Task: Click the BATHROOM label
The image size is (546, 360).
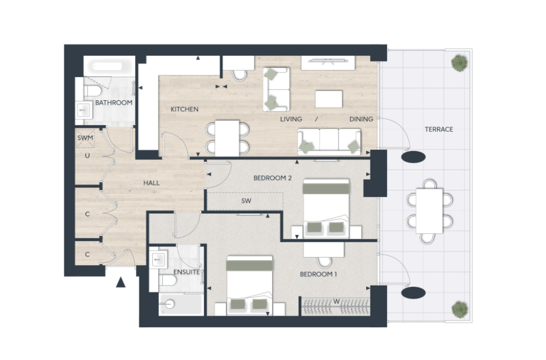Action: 113,103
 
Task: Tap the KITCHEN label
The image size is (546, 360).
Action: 185,109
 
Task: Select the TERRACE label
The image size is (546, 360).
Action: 439,130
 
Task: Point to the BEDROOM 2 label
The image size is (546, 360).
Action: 272,178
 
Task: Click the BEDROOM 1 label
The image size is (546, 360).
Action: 318,274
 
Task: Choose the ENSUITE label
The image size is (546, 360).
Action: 187,272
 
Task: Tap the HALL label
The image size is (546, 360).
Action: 152,183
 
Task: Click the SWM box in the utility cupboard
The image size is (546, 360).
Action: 85,138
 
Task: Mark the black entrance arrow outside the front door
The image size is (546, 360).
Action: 121,282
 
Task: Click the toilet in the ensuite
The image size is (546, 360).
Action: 167,280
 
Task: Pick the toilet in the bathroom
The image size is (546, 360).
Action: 92,92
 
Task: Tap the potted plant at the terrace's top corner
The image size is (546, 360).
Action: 459,63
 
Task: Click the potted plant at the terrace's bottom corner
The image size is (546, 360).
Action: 459,309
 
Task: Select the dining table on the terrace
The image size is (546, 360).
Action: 429,211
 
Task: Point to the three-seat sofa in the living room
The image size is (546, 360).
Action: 329,142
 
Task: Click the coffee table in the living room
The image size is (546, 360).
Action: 329,99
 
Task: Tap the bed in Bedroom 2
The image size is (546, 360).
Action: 326,208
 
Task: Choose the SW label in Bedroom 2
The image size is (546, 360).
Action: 246,201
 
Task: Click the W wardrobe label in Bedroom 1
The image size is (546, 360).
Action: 336,301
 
